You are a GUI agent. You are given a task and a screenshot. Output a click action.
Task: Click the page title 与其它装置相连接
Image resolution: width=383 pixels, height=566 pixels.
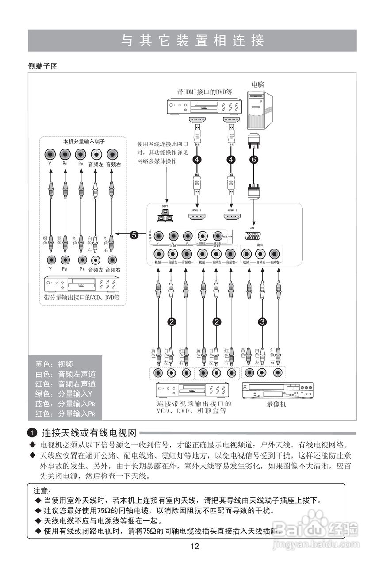(192, 41)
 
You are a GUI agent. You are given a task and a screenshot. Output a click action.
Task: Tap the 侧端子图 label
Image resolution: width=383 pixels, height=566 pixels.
(42, 66)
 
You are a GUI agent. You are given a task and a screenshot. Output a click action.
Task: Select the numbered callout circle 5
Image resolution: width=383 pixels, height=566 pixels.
(134, 235)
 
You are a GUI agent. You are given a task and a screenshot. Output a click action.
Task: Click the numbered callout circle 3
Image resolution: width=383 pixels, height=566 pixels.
(262, 322)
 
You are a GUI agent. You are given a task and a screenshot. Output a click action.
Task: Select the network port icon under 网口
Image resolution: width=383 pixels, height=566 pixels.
(165, 216)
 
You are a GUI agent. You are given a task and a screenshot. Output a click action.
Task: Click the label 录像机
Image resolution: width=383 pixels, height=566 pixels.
(277, 404)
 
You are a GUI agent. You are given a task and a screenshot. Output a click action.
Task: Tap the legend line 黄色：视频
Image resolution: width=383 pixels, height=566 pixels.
(54, 364)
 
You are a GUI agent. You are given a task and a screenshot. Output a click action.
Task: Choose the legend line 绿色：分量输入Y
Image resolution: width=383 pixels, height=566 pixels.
(64, 394)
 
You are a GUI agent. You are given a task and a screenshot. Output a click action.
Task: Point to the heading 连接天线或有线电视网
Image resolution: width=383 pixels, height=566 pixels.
(88, 432)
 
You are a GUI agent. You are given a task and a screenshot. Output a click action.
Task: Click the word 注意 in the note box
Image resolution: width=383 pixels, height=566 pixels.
(42, 491)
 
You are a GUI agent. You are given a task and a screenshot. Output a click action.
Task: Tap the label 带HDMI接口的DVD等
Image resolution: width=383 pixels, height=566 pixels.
(204, 92)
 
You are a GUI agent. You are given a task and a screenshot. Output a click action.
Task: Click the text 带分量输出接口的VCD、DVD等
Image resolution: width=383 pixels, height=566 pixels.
(82, 297)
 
